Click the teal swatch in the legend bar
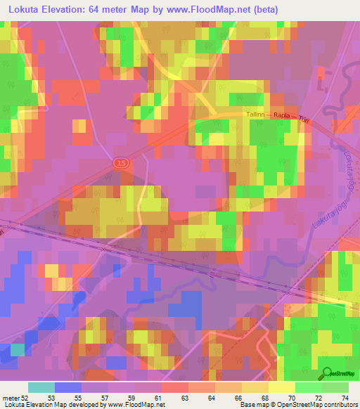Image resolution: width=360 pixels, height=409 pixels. (x=41, y=387)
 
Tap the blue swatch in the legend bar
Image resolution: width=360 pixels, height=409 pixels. (x=67, y=387)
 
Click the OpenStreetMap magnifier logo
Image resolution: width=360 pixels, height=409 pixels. (x=326, y=373)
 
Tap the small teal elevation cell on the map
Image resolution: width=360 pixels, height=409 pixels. (x=17, y=349)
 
